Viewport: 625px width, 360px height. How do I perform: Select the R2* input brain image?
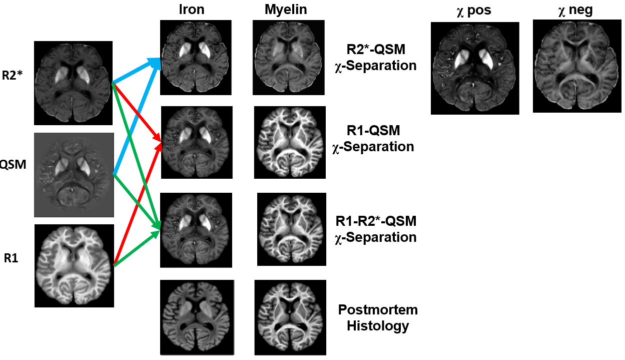point(73,83)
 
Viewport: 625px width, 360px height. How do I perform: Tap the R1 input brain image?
point(74,265)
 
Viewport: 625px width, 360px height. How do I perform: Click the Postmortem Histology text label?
point(378,317)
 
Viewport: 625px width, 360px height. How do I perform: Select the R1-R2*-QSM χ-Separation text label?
point(375,228)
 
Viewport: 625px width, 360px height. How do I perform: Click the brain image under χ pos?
point(474,68)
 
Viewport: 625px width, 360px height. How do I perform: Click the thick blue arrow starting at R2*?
point(135,71)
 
